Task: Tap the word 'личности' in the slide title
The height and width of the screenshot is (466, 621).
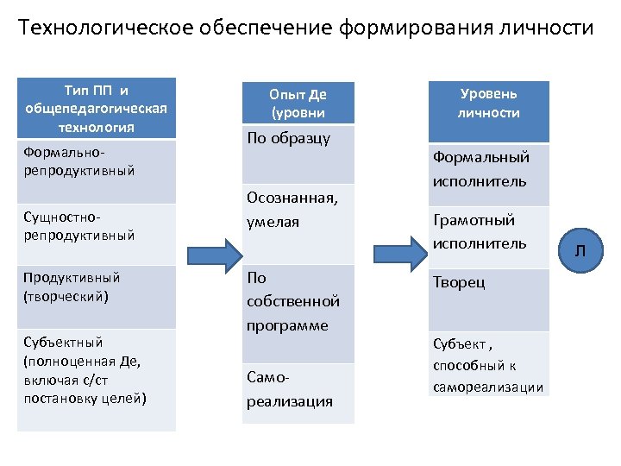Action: (x=550, y=28)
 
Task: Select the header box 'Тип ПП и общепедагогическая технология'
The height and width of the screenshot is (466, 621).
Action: (x=97, y=109)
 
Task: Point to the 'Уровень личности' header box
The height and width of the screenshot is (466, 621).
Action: (x=489, y=103)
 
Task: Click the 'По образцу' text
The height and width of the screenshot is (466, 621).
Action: (x=289, y=139)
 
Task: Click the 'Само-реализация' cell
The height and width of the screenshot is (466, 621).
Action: (x=298, y=394)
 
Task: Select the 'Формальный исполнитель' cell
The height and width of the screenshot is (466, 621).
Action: (x=489, y=169)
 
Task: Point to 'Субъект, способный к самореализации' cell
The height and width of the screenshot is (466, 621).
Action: (x=489, y=364)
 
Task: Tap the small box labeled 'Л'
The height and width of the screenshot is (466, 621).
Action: (x=580, y=249)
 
